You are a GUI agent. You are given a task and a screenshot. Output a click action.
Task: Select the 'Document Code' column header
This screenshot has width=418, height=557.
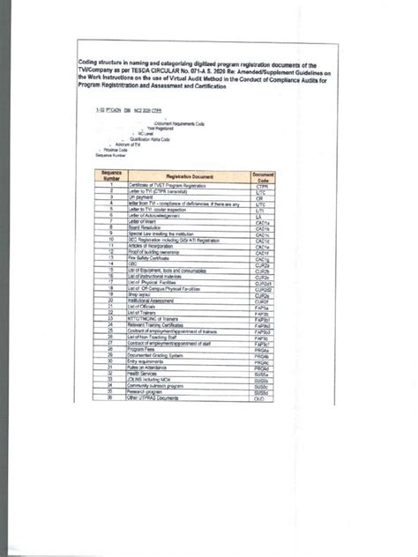[x=263, y=177]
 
